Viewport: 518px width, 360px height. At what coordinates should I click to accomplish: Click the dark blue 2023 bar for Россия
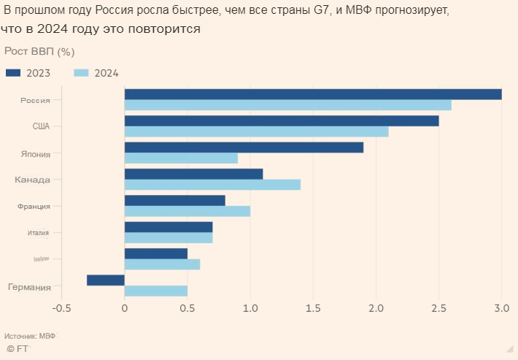(313, 94)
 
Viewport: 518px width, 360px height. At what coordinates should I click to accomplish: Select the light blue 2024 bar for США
(256, 131)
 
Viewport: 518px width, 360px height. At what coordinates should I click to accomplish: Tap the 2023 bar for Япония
(244, 148)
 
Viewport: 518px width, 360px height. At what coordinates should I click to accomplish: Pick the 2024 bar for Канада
(212, 185)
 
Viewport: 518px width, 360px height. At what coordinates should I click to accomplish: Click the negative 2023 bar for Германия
(106, 280)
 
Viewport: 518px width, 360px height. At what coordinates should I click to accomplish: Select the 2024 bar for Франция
(188, 211)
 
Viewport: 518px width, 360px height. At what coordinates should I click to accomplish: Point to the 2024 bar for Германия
(156, 291)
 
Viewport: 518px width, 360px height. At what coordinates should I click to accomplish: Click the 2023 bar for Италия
(169, 227)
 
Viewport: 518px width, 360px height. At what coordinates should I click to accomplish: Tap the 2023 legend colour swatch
(14, 72)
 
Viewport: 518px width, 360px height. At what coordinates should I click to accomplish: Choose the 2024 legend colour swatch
(82, 72)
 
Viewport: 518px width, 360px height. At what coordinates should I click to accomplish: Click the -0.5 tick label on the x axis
(62, 308)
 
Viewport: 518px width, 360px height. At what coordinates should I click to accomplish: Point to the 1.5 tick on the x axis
(313, 308)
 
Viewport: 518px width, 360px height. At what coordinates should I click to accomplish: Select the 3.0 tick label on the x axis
(501, 308)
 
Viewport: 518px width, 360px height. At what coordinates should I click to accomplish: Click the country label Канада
(33, 180)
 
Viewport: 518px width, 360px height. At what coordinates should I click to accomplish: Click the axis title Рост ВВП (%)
(39, 52)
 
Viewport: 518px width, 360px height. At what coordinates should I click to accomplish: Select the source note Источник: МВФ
(30, 336)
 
